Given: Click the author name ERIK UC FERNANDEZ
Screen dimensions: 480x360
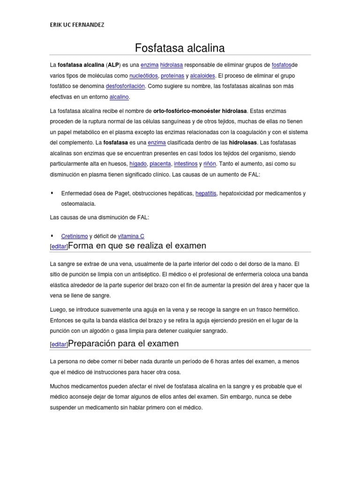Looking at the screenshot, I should pyautogui.click(x=77, y=25).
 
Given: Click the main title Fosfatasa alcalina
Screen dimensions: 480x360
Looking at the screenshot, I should pyautogui.click(x=180, y=48).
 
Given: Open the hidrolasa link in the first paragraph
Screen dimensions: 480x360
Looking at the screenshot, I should pyautogui.click(x=172, y=65).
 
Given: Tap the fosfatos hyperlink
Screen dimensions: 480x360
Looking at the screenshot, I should pyautogui.click(x=281, y=65).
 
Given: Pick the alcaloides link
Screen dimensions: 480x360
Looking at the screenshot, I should pyautogui.click(x=203, y=75).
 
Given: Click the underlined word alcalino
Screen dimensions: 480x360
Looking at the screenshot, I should pyautogui.click(x=119, y=97).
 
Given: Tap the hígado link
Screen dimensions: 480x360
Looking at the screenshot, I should pyautogui.click(x=138, y=164).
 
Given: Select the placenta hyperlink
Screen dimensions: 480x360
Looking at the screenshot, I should pyautogui.click(x=160, y=164).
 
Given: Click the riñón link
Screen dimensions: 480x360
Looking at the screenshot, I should pyautogui.click(x=210, y=164).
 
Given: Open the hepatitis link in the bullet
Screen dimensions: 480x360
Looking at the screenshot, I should pyautogui.click(x=206, y=193).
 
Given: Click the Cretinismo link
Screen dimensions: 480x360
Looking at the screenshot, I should pyautogui.click(x=75, y=236).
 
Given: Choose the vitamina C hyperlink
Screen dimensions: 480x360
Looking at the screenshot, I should pyautogui.click(x=131, y=236).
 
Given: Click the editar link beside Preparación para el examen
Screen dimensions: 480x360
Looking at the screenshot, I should pyautogui.click(x=59, y=345).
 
